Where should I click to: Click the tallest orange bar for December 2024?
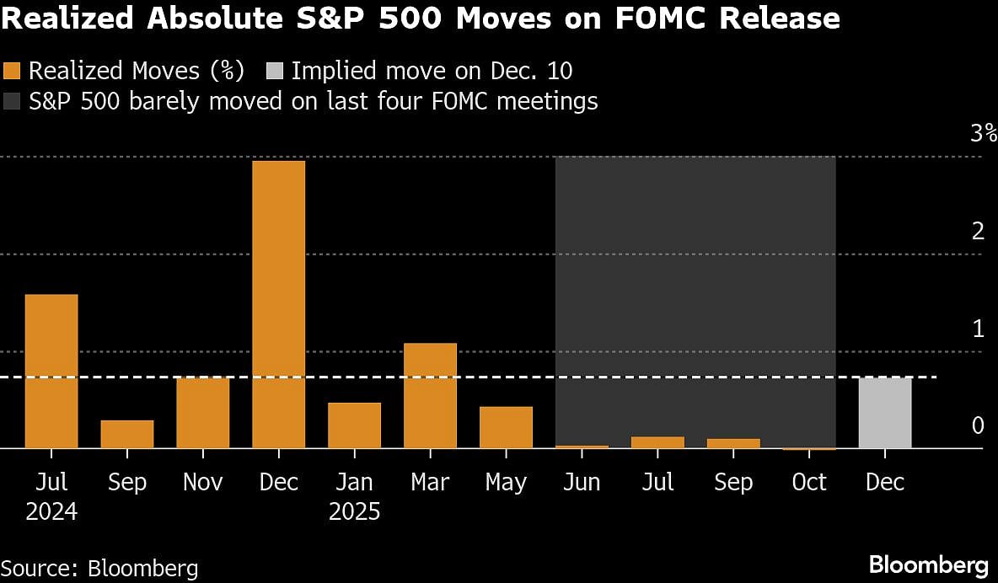click(x=278, y=304)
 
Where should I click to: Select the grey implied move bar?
click(x=885, y=413)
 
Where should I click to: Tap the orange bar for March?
click(x=430, y=395)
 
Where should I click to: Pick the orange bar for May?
click(x=506, y=427)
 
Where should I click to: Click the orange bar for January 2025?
click(x=354, y=425)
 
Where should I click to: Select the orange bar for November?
click(x=202, y=413)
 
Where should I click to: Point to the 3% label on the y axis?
click(x=983, y=133)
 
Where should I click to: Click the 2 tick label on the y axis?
click(x=978, y=231)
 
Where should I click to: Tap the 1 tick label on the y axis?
click(x=978, y=329)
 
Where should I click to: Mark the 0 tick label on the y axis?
click(x=978, y=426)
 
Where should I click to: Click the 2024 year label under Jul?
click(x=51, y=511)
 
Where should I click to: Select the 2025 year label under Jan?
click(x=354, y=511)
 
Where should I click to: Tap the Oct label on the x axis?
click(x=808, y=482)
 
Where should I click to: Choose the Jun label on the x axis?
click(x=582, y=482)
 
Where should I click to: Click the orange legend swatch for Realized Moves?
click(x=13, y=71)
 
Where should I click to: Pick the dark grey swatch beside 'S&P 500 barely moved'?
click(x=13, y=101)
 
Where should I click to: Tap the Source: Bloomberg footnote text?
click(x=99, y=567)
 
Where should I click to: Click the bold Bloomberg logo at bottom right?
click(x=928, y=564)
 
